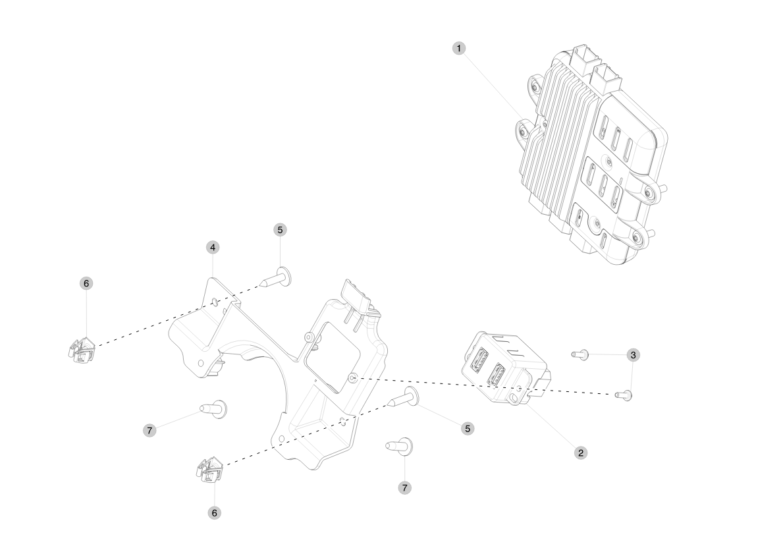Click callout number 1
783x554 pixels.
pyautogui.click(x=459, y=49)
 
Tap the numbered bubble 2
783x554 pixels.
pyautogui.click(x=580, y=453)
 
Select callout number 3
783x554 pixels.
pyautogui.click(x=634, y=355)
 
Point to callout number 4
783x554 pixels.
pyautogui.click(x=213, y=247)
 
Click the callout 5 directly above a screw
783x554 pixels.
pyautogui.click(x=280, y=230)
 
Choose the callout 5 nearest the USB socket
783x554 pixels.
pyautogui.click(x=468, y=429)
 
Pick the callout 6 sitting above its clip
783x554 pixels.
pyautogui.click(x=86, y=283)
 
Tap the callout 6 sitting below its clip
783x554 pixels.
pyautogui.click(x=215, y=512)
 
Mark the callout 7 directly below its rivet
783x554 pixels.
pyautogui.click(x=404, y=487)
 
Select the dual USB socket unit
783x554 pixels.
pyautogui.click(x=504, y=367)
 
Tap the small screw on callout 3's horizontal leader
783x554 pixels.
pyautogui.click(x=580, y=354)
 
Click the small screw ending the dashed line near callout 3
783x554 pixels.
pyautogui.click(x=624, y=395)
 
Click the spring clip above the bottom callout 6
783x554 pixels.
pyautogui.click(x=209, y=469)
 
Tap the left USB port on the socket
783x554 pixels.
pyautogui.click(x=477, y=358)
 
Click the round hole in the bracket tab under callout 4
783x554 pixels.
pyautogui.click(x=214, y=301)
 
